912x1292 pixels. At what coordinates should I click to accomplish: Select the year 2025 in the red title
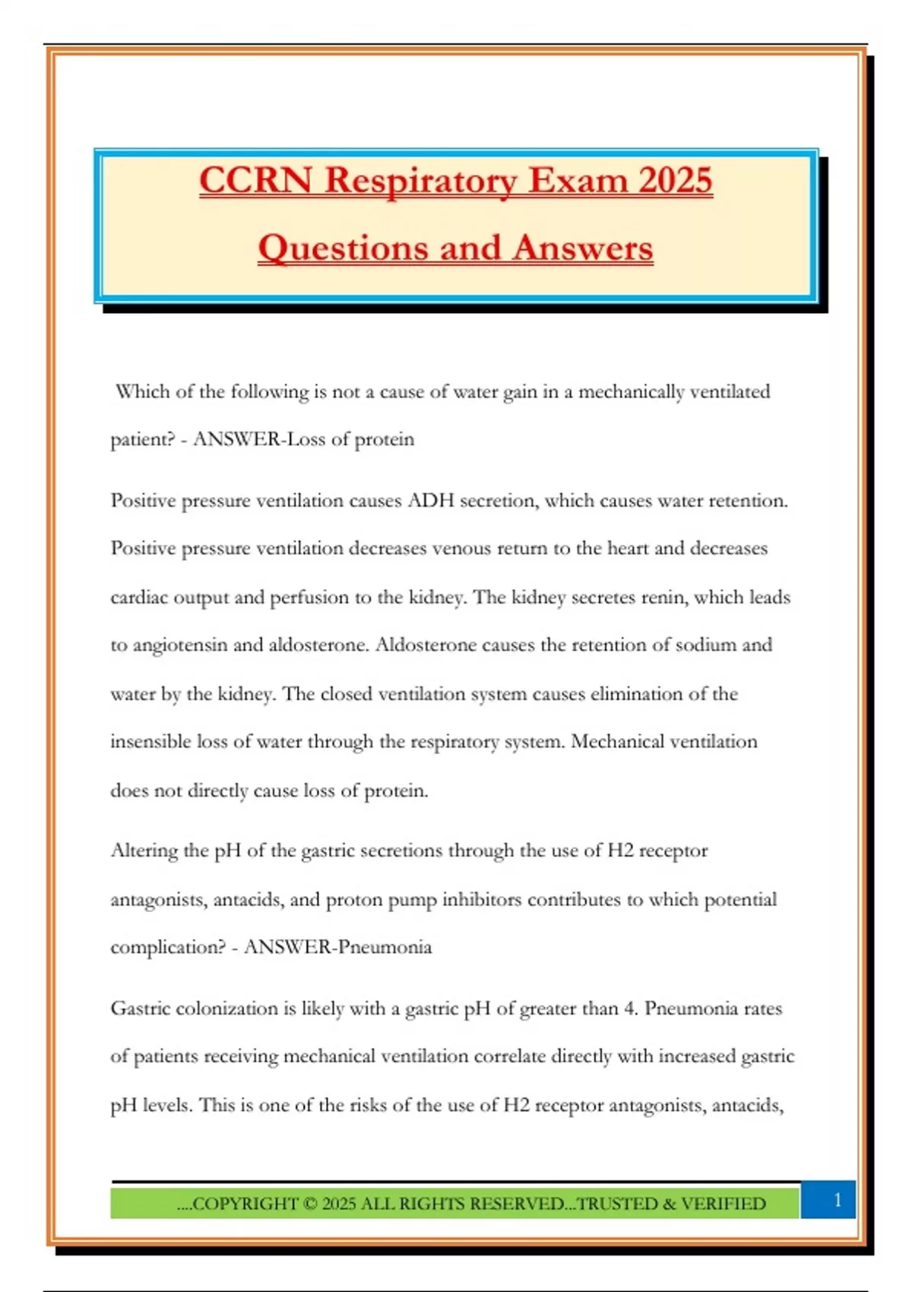(x=675, y=181)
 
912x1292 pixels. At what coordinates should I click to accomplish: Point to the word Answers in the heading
(x=583, y=248)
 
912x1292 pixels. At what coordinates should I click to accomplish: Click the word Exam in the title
(x=578, y=181)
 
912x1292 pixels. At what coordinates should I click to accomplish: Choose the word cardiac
(x=138, y=597)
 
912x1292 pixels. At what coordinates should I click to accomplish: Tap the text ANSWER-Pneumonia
(x=337, y=948)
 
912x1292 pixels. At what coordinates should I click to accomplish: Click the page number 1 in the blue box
(x=838, y=1200)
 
